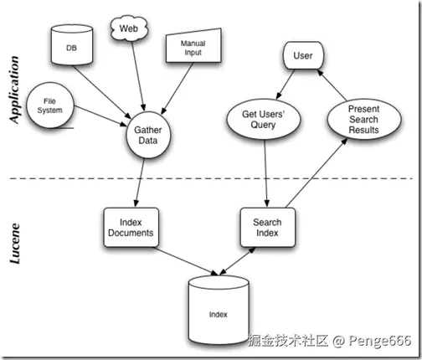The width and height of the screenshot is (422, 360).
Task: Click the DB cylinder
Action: (72, 44)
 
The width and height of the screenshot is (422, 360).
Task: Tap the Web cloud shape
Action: (129, 28)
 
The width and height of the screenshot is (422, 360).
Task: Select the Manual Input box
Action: (193, 45)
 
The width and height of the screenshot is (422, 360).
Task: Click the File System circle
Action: (50, 105)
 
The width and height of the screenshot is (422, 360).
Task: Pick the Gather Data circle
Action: (148, 135)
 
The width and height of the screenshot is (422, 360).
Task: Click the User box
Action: (303, 55)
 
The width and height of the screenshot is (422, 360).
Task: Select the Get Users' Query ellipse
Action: (264, 119)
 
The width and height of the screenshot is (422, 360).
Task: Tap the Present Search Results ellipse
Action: (364, 119)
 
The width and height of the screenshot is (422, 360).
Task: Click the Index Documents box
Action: (131, 227)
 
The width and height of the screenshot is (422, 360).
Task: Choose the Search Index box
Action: (268, 227)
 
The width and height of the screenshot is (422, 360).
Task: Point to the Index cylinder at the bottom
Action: (219, 309)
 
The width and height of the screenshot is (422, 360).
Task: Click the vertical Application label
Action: (14, 90)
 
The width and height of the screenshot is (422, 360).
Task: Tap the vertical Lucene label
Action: (15, 244)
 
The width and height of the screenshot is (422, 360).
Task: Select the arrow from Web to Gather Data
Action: (138, 75)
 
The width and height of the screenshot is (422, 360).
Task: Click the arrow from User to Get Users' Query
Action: (286, 85)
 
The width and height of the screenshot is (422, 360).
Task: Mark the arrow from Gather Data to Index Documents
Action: (140, 183)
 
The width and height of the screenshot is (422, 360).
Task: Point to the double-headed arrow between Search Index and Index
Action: (237, 261)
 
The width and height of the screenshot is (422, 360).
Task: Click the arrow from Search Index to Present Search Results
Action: (316, 172)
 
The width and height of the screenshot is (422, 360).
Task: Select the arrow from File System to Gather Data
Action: (100, 116)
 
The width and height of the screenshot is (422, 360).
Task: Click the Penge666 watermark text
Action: (380, 341)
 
